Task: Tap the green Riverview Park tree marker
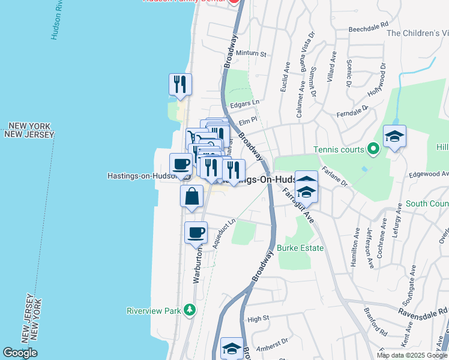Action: click(x=190, y=310)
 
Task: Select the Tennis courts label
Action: click(x=339, y=149)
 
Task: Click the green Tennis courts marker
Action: click(x=373, y=147)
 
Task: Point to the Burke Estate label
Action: click(x=300, y=248)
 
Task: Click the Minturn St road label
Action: click(x=251, y=53)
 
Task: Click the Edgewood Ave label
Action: click(x=428, y=174)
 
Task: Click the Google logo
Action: click(x=20, y=352)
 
